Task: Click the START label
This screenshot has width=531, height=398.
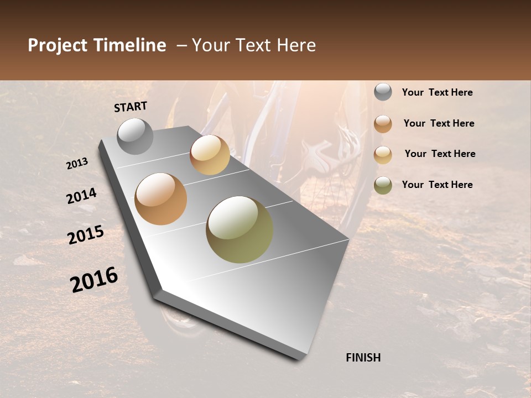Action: (131, 107)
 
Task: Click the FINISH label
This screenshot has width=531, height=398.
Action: (363, 358)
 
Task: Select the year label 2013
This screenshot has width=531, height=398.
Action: (77, 164)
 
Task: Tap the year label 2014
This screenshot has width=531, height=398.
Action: (81, 196)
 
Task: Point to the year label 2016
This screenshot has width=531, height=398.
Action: (94, 280)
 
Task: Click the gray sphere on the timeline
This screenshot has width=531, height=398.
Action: (135, 136)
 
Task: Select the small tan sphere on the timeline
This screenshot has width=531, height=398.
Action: (210, 155)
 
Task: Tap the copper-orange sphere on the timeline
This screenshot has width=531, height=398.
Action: (161, 199)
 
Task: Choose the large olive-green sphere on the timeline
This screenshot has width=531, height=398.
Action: (240, 229)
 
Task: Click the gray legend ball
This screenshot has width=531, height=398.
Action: (383, 92)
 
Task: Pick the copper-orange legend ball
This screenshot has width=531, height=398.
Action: (383, 124)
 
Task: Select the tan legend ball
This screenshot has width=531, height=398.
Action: (383, 154)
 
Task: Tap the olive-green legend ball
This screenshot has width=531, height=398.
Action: (383, 185)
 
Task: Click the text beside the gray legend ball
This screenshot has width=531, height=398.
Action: (437, 92)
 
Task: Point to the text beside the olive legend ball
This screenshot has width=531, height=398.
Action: (437, 185)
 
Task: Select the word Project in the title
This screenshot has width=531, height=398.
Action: (58, 45)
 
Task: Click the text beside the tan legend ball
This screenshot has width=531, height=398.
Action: (440, 154)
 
